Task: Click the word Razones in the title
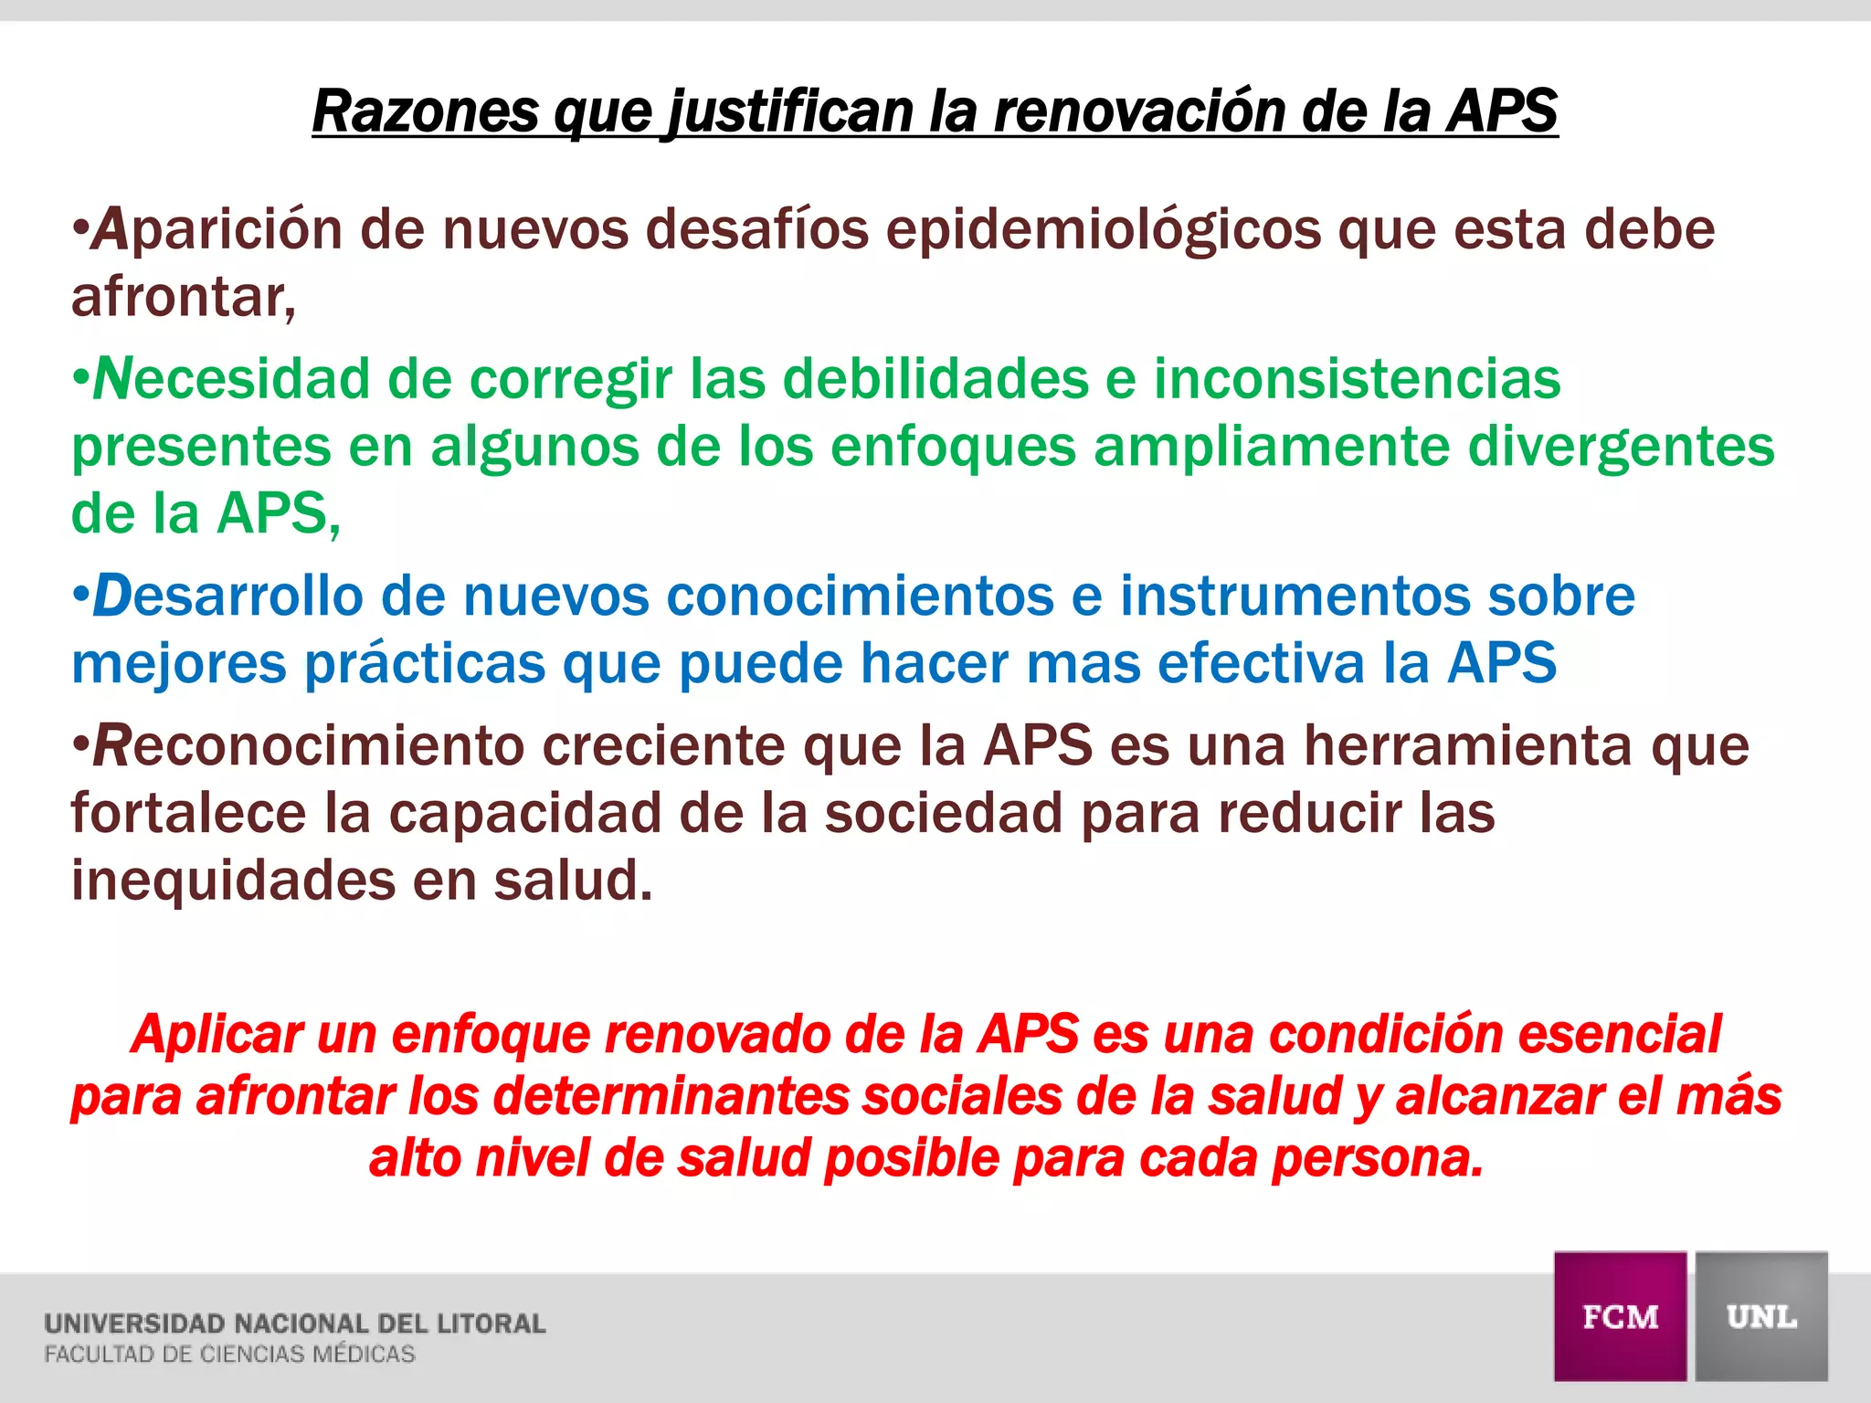pos(426,111)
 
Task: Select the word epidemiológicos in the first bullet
pos(1104,230)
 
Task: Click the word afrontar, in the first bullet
pos(184,298)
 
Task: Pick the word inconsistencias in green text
pos(1357,379)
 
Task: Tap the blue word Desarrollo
pos(227,596)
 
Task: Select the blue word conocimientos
pos(860,596)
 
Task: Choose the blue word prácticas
pos(425,664)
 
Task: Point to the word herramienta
pos(1467,746)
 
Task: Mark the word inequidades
pos(233,881)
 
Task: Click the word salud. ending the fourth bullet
pos(574,881)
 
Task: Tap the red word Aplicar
pos(217,1036)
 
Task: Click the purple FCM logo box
pos(1620,1316)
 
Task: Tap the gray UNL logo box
pos(1761,1316)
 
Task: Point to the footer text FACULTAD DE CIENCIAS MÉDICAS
pos(229,1355)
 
